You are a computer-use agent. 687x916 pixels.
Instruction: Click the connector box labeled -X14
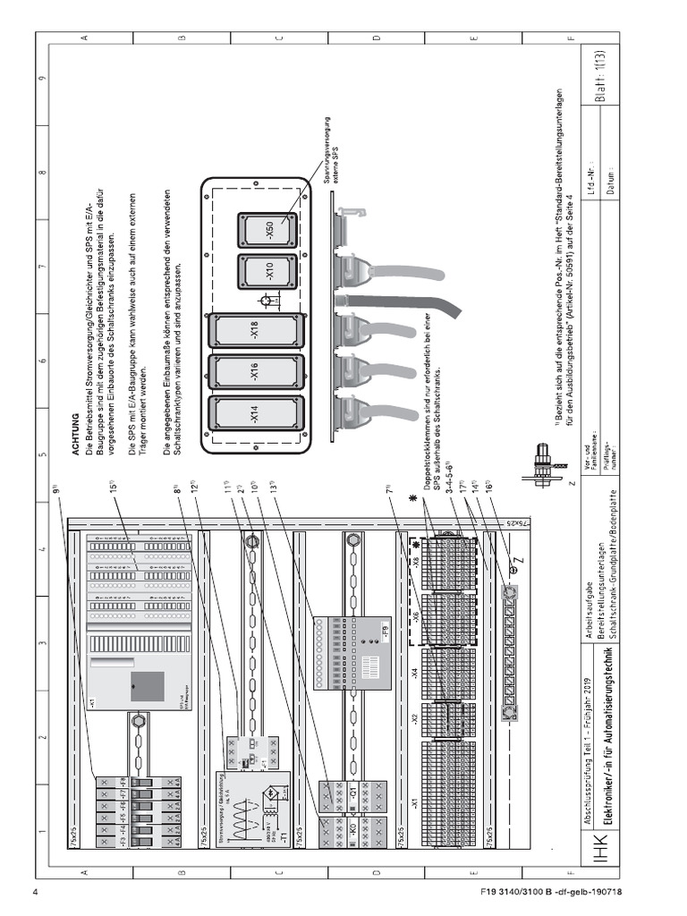tap(254, 413)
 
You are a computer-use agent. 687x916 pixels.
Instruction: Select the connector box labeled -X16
tap(254, 371)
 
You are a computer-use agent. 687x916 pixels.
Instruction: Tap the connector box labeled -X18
tap(254, 329)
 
